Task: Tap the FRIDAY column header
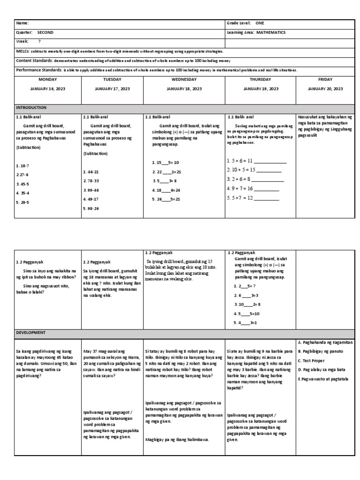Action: [325, 80]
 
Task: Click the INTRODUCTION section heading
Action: [31, 107]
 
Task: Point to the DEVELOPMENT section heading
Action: [30, 332]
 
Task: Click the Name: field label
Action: [22, 23]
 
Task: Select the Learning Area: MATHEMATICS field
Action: [256, 32]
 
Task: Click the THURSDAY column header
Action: [260, 80]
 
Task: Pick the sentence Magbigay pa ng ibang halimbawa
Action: [177, 439]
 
